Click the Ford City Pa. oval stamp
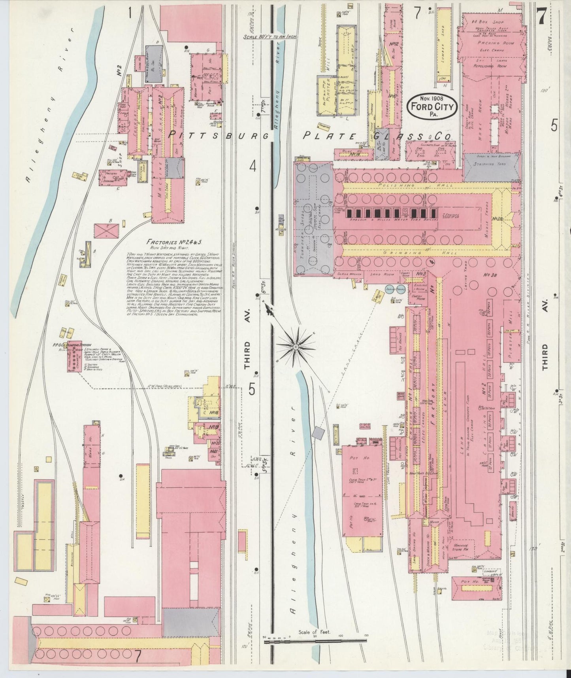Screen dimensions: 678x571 click(433, 106)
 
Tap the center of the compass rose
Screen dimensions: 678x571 click(295, 346)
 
